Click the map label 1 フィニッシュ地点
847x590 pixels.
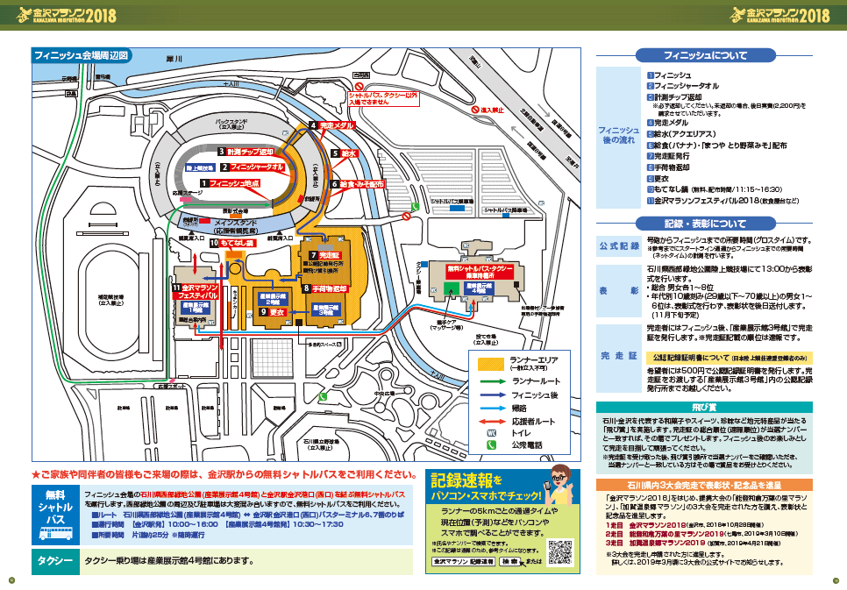point(231,183)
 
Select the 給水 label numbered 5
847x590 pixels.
point(345,153)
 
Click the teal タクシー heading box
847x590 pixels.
point(54,561)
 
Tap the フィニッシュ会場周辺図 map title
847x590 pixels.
point(81,55)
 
